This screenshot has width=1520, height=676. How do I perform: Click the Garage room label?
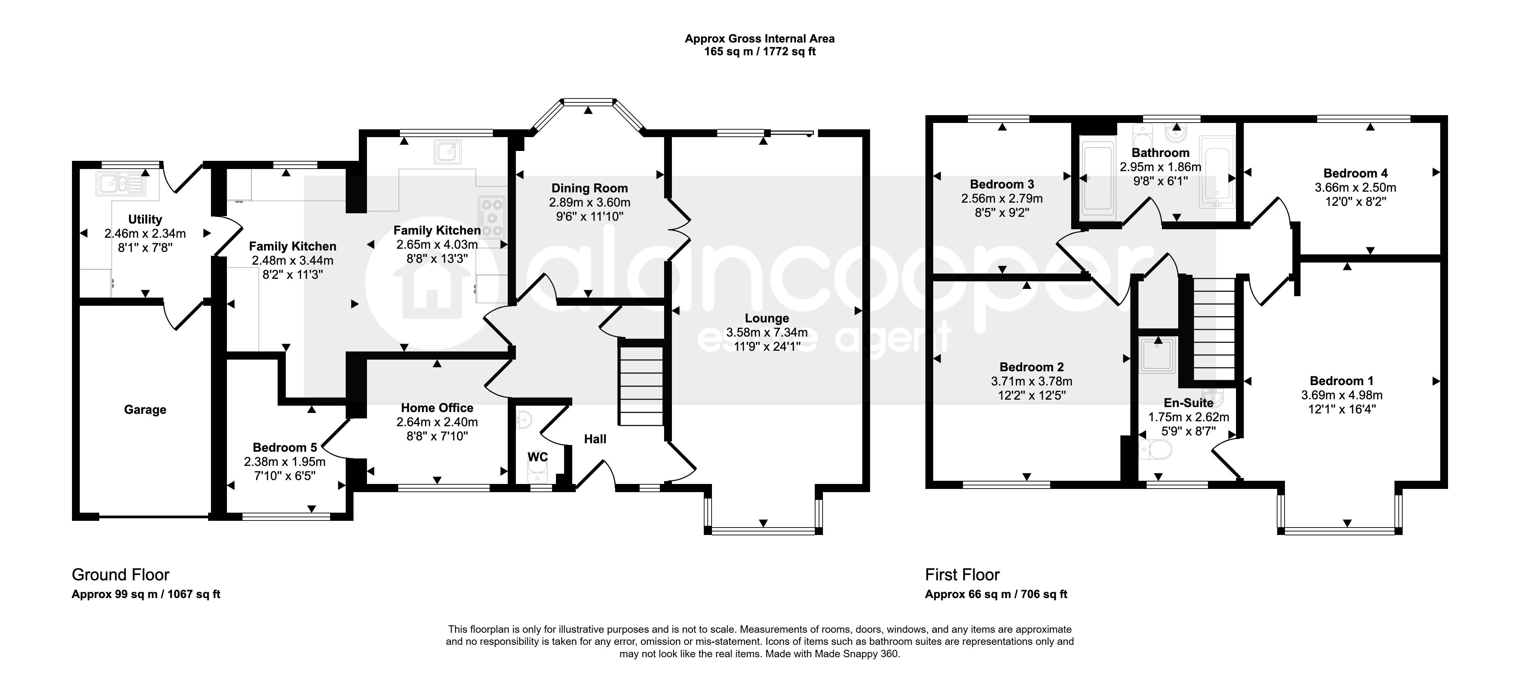coord(145,409)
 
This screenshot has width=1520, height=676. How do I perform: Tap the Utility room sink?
coord(120,184)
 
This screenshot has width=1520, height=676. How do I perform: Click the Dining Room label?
coord(590,188)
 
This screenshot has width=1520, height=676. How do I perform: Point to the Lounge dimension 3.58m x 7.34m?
coord(767,333)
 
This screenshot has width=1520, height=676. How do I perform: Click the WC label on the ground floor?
coord(538,457)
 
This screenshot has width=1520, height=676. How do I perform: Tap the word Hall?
coord(595,439)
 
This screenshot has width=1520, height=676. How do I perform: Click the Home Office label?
coord(437,407)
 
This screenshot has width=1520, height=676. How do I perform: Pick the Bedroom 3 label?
coord(1002,184)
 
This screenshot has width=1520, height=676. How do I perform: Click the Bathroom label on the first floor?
coord(1160,153)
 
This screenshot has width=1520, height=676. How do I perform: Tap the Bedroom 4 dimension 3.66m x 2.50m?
coord(1355,187)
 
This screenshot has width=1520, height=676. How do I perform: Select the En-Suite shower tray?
coord(1158,355)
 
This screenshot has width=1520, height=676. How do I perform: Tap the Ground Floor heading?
coord(120,575)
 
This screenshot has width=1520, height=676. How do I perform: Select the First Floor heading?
coord(962,575)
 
